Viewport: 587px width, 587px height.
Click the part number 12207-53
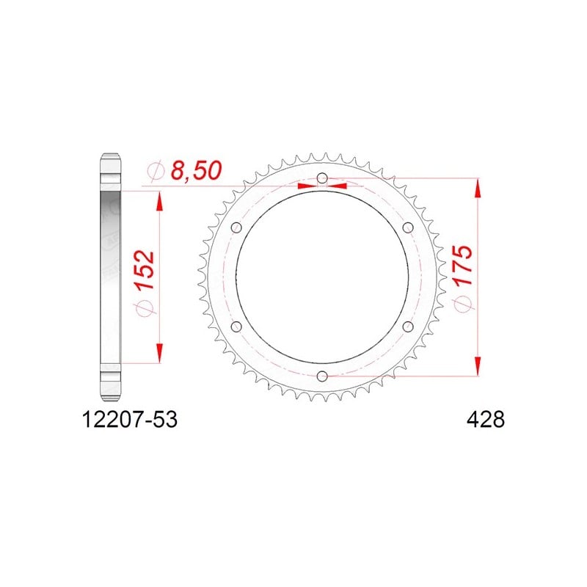click(130, 420)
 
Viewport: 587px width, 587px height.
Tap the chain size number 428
click(486, 420)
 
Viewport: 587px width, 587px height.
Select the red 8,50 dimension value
click(196, 171)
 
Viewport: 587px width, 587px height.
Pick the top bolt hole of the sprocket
click(322, 178)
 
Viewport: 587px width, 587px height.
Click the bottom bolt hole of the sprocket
click(322, 376)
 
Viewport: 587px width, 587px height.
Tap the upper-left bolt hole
click(236, 227)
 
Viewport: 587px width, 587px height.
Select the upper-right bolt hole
click(408, 227)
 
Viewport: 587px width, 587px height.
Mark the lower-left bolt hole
click(236, 327)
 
